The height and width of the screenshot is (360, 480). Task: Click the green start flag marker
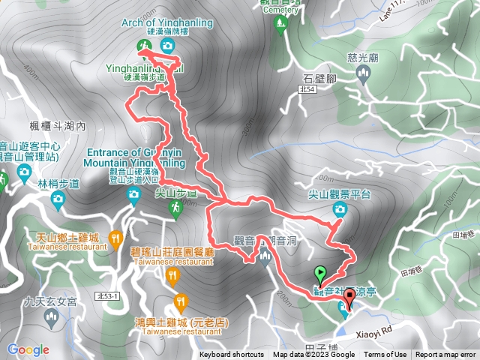pos(321,275)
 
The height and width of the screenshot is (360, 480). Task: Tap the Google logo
pos(28,349)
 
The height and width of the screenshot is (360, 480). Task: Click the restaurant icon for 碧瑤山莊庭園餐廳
pos(174,277)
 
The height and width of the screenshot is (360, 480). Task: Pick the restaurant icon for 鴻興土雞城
pos(180,303)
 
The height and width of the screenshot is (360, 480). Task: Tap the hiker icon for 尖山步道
pos(175,210)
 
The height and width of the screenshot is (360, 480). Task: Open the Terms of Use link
pos(385,355)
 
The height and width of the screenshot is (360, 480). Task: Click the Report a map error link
pos(445,355)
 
